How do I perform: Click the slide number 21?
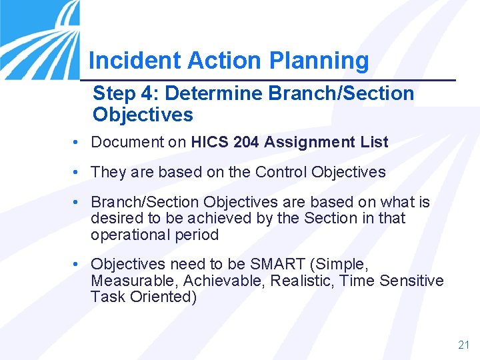pyautogui.click(x=464, y=345)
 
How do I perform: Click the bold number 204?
pyautogui.click(x=247, y=142)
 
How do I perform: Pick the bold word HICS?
pyautogui.click(x=210, y=142)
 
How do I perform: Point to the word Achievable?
pyautogui.click(x=224, y=281)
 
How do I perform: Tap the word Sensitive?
pyautogui.click(x=411, y=281)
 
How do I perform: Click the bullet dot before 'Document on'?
pyautogui.click(x=79, y=142)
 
